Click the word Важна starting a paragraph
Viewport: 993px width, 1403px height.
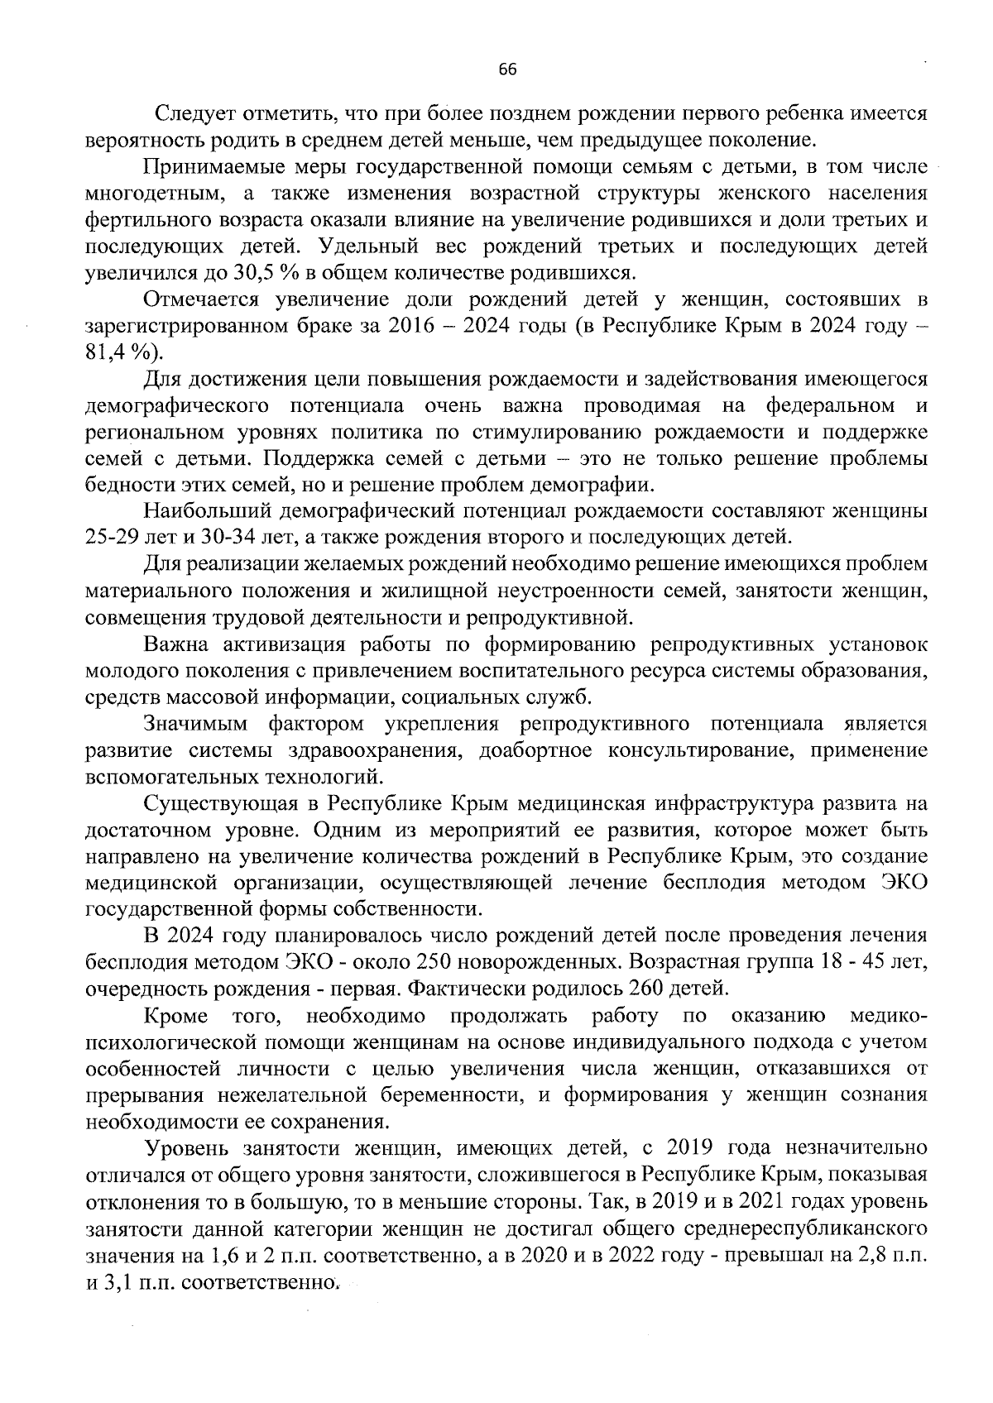click(177, 645)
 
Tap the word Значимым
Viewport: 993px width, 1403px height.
click(195, 725)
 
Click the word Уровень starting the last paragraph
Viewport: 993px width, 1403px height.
click(191, 1148)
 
